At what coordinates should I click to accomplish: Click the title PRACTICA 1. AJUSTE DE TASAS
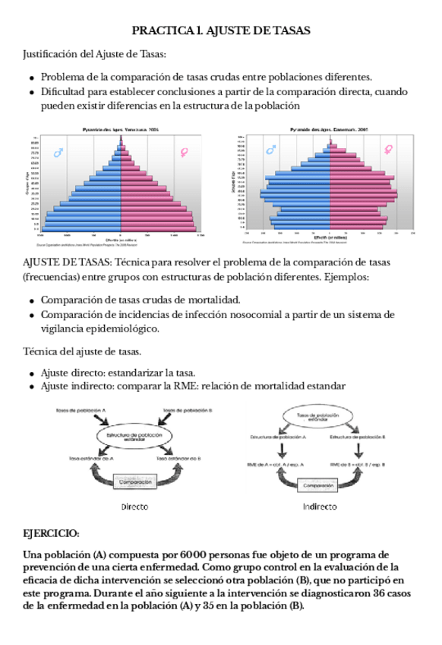point(220,30)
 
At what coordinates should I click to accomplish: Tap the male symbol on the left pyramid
point(58,153)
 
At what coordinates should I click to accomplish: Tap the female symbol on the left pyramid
point(183,152)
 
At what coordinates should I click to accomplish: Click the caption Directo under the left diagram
point(134,506)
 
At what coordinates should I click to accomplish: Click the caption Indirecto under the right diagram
point(320,506)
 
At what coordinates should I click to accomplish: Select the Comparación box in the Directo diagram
point(134,481)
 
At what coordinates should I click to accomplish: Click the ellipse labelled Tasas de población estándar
point(320,417)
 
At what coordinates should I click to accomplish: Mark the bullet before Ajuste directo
point(32,373)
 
